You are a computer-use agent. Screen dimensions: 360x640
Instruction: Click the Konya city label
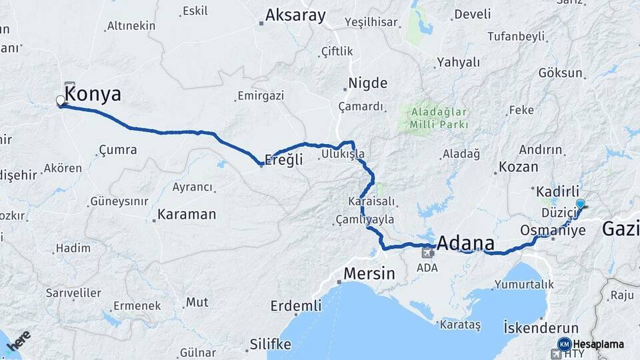pyautogui.click(x=93, y=95)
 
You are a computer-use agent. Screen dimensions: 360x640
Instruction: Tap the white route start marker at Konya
pyautogui.click(x=61, y=101)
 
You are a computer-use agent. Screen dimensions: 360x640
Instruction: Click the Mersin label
pyautogui.click(x=369, y=273)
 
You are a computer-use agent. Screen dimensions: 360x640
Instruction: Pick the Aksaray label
pyautogui.click(x=295, y=15)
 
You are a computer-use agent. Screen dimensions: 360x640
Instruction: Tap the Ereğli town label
pyautogui.click(x=284, y=160)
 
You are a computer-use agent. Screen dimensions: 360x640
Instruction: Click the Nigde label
pyautogui.click(x=367, y=84)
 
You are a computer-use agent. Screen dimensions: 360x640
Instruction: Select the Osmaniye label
pyautogui.click(x=553, y=230)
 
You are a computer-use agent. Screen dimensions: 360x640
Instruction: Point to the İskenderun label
pyautogui.click(x=541, y=328)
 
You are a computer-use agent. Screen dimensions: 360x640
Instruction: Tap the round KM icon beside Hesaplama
pyautogui.click(x=564, y=344)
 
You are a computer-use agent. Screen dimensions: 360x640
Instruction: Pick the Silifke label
pyautogui.click(x=270, y=344)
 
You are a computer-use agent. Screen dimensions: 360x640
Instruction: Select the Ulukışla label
pyautogui.click(x=343, y=154)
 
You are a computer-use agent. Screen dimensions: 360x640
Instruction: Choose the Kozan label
pyautogui.click(x=518, y=167)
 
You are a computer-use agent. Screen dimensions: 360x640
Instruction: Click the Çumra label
pyautogui.click(x=117, y=150)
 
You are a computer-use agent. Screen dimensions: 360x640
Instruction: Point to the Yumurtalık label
pyautogui.click(x=524, y=284)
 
